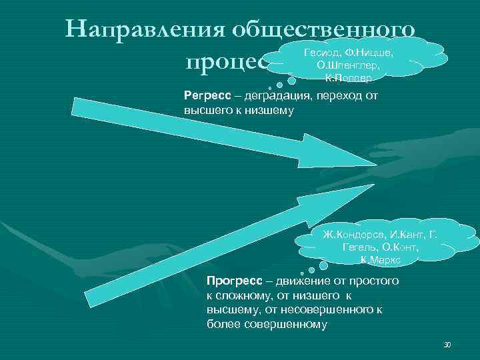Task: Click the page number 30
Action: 447,345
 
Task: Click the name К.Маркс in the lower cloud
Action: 380,261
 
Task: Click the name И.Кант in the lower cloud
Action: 400,235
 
